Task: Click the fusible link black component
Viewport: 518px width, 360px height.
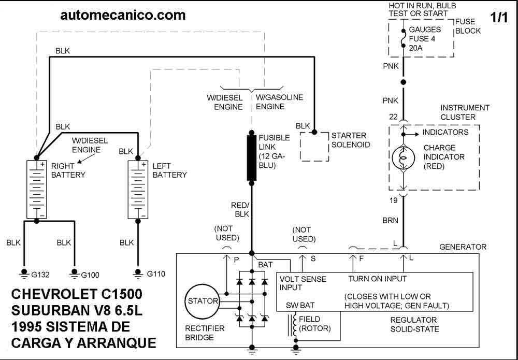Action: coord(252,157)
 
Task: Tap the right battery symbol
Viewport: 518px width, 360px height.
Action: coord(36,189)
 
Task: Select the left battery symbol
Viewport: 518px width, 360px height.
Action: coord(138,189)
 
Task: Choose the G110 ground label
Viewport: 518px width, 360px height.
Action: coord(155,274)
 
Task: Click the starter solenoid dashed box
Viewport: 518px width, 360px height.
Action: coord(314,146)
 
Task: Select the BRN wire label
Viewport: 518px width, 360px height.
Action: coord(391,220)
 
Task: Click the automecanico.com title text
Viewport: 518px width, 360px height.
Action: coord(123,16)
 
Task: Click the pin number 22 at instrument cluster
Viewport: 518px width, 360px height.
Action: coord(393,117)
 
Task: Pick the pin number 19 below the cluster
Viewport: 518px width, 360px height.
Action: coord(393,199)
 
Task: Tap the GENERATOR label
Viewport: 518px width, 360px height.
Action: coord(463,247)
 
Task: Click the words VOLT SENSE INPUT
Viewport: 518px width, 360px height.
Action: coord(303,283)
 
